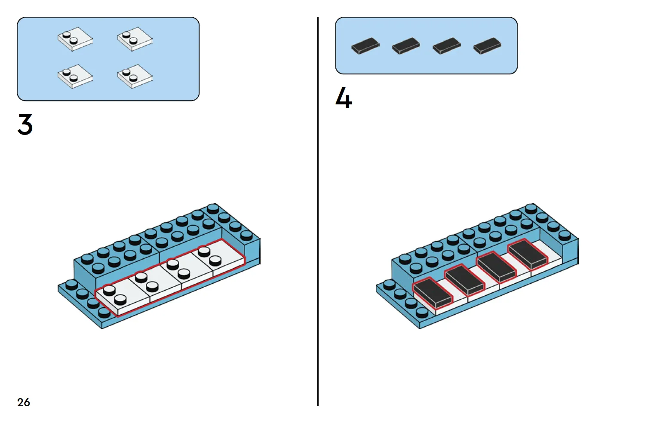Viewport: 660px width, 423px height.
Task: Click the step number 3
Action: [25, 125]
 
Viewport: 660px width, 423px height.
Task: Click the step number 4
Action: [344, 98]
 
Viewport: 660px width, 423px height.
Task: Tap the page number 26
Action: [24, 402]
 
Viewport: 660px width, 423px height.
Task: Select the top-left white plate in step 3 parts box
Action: [75, 39]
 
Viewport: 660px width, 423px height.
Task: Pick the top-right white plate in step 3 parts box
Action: [135, 39]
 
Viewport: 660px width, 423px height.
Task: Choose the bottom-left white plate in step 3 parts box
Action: [75, 76]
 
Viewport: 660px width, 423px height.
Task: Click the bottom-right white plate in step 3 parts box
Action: [135, 76]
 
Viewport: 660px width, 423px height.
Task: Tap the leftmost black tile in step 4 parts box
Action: [365, 46]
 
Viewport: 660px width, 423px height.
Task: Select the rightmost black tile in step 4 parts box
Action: [487, 46]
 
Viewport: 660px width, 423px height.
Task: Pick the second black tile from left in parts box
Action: [406, 46]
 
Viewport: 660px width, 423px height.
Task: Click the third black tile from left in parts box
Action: [446, 46]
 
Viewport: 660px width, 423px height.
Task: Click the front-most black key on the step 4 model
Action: [433, 293]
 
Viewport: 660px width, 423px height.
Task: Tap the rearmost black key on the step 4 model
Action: [528, 254]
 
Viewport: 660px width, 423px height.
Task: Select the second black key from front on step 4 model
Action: [465, 280]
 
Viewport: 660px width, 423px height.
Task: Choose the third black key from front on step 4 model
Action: [496, 267]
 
